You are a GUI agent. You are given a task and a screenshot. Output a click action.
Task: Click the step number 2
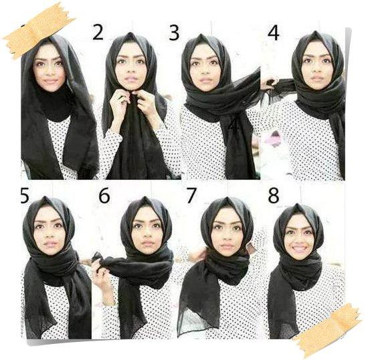pyautogui.click(x=98, y=33)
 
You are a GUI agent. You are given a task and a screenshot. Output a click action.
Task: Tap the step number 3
pyautogui.click(x=174, y=33)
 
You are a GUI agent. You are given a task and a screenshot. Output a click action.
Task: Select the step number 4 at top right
pyautogui.click(x=274, y=33)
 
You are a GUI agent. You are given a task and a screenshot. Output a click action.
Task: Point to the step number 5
pyautogui.click(x=25, y=195)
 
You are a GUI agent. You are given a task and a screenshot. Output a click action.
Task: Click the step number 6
pyautogui.click(x=104, y=195)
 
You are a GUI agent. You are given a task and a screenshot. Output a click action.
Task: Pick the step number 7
pyautogui.click(x=191, y=195)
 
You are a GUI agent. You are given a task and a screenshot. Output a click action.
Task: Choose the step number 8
pyautogui.click(x=274, y=195)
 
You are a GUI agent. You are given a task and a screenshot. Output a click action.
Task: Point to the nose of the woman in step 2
pyautogui.click(x=130, y=69)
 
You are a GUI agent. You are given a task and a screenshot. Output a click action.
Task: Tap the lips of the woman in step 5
pyautogui.click(x=51, y=244)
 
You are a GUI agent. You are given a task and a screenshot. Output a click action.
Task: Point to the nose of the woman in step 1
pyautogui.click(x=50, y=71)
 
